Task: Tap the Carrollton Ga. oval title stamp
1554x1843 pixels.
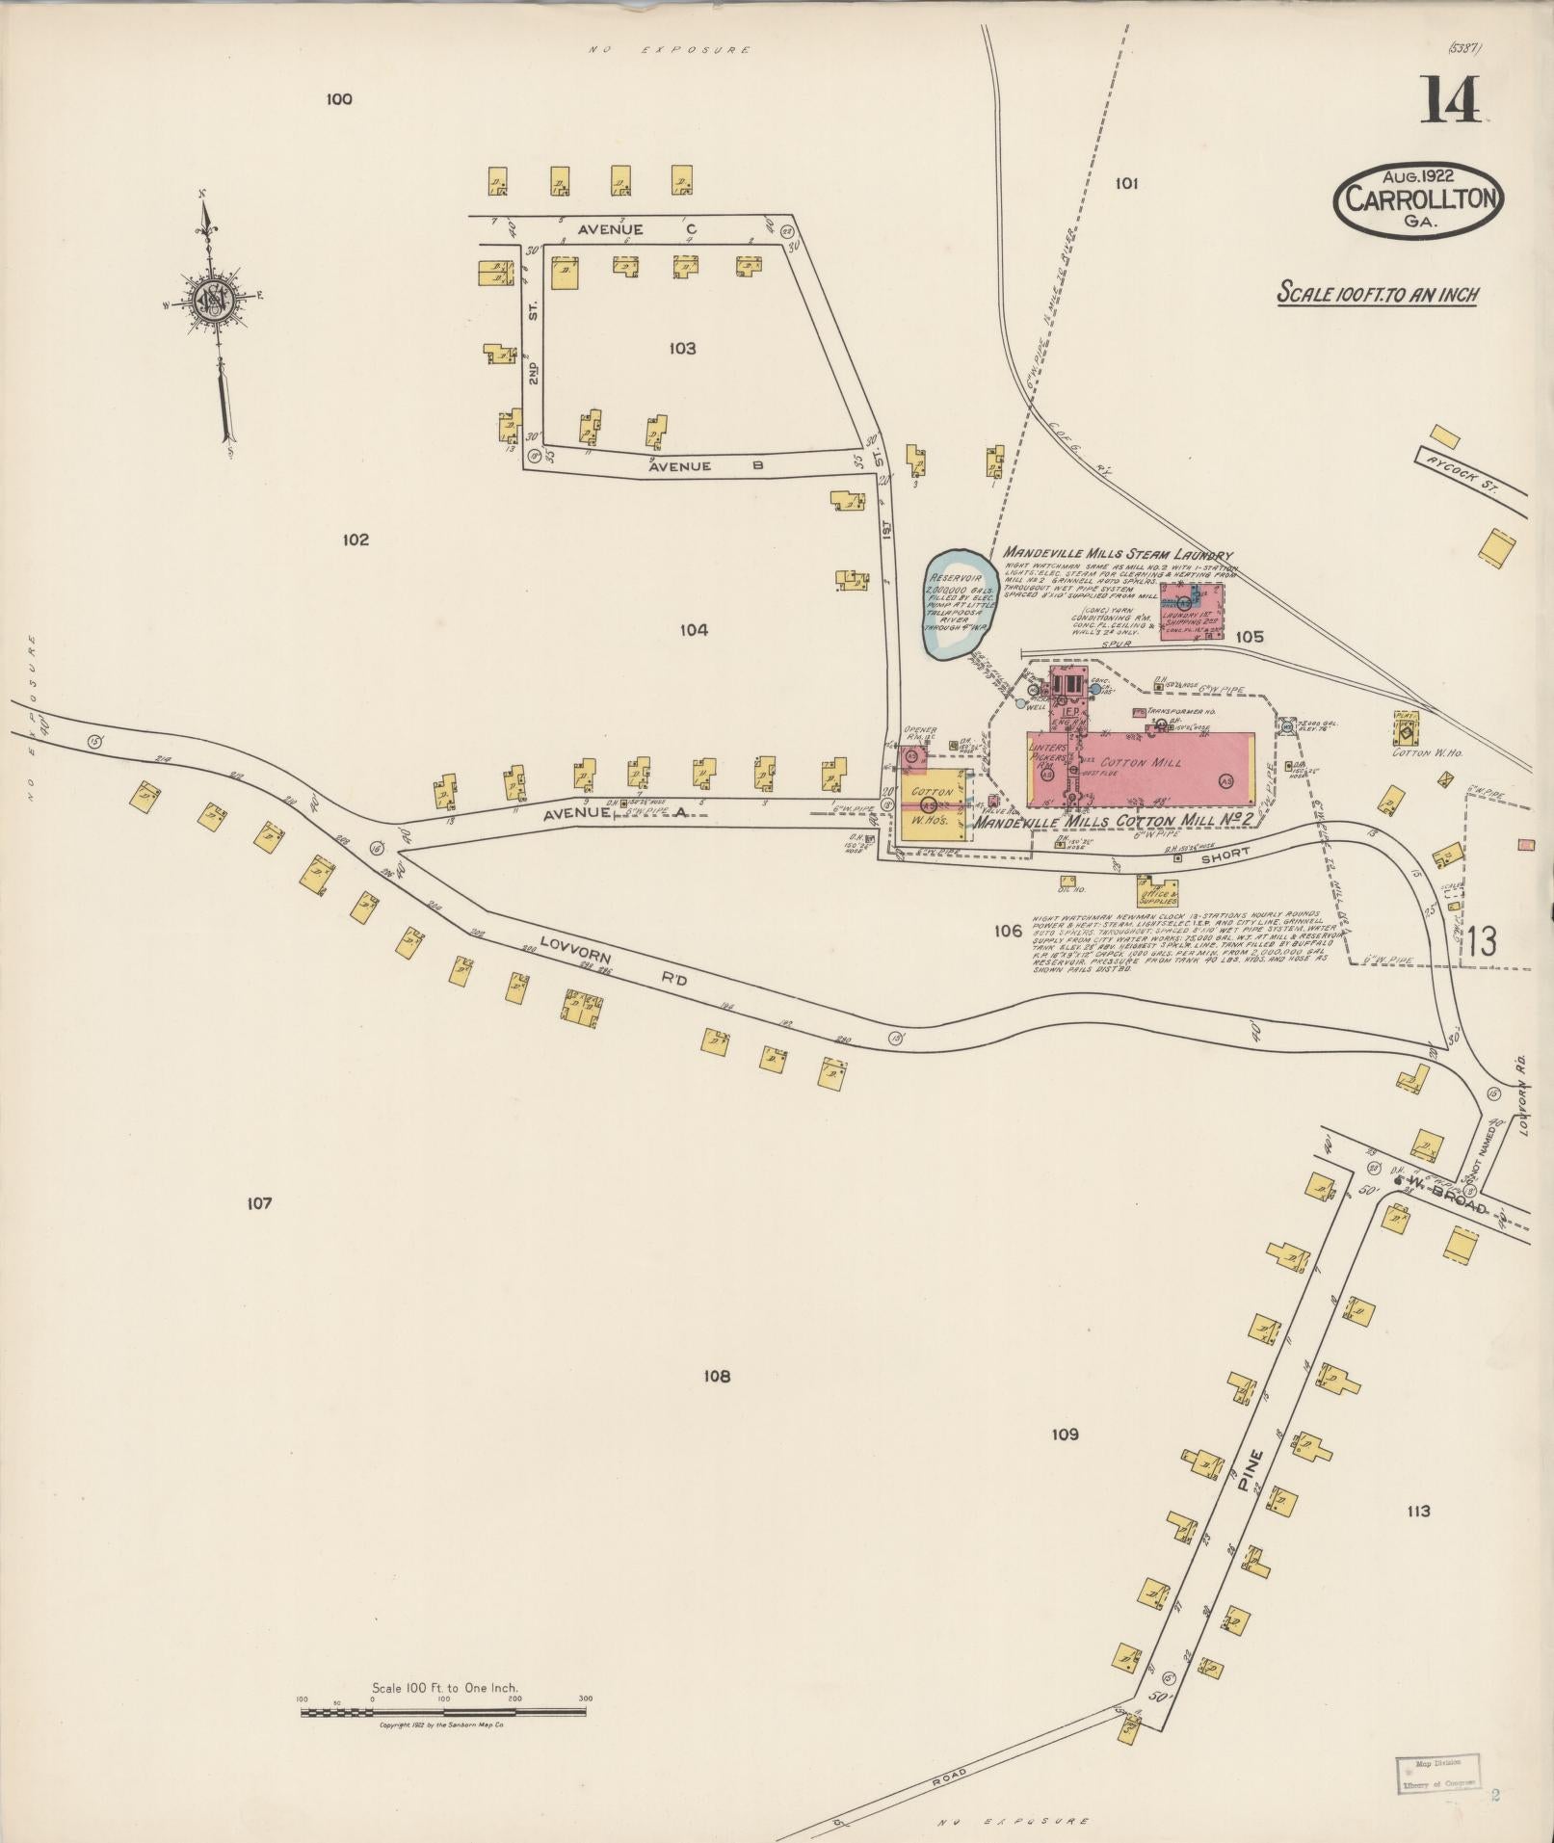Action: [x=1418, y=198]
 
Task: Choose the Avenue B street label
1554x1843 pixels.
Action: [x=705, y=466]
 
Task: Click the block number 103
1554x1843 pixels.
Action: [x=682, y=348]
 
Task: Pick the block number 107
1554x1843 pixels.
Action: [x=259, y=1202]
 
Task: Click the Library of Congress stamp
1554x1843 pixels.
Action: [x=1436, y=1775]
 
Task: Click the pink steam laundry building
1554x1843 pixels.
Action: [x=1192, y=610]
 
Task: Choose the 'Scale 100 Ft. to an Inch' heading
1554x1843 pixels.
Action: [x=1377, y=293]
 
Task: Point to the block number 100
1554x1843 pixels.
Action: [x=339, y=99]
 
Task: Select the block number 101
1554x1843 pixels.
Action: [x=1126, y=183]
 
